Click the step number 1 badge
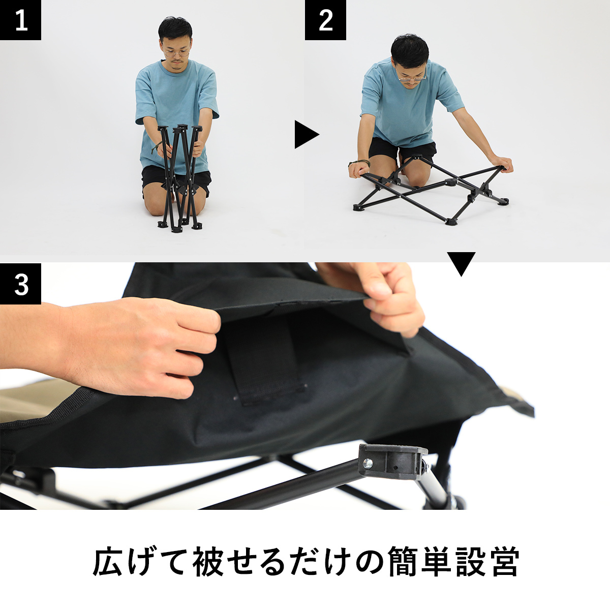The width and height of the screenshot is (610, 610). click(x=20, y=20)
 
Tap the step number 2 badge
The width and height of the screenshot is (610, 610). click(x=325, y=20)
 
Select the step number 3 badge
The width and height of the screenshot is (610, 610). click(x=20, y=284)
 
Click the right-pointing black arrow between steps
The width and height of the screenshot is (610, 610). click(x=307, y=134)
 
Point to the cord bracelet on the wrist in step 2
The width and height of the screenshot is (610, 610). click(x=359, y=163)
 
